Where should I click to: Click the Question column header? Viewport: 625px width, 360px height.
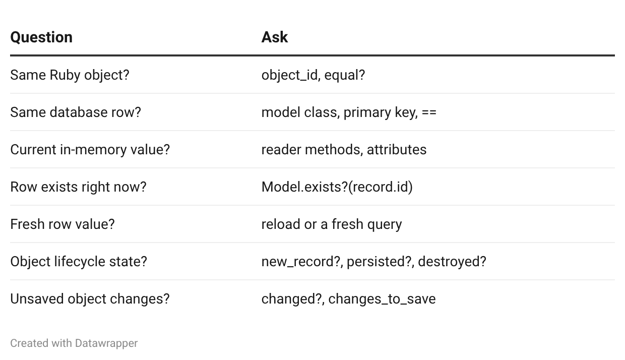pos(41,37)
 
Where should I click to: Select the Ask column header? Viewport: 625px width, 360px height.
pos(275,37)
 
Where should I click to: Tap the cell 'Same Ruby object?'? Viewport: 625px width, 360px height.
pos(70,75)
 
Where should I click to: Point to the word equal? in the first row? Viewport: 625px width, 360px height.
pos(345,75)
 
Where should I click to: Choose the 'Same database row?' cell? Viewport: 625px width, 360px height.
pos(76,112)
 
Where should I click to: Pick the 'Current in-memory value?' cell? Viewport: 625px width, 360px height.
pos(90,150)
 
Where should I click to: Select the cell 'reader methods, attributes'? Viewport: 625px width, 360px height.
pos(344,150)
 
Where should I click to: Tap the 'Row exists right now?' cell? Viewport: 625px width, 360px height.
pos(79,187)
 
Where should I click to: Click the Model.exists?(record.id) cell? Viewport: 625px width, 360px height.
pos(337,187)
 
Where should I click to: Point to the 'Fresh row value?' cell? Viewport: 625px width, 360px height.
pos(62,224)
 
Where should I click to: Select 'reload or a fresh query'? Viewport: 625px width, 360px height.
pos(332,224)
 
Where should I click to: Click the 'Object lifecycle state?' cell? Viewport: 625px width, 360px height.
pos(79,262)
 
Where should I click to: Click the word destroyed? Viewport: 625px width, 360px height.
pos(452,262)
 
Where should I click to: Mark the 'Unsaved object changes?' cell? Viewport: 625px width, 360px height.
pos(90,299)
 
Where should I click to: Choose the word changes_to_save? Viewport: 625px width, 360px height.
pos(382,299)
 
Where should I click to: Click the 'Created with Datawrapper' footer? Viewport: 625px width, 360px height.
pos(74,343)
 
